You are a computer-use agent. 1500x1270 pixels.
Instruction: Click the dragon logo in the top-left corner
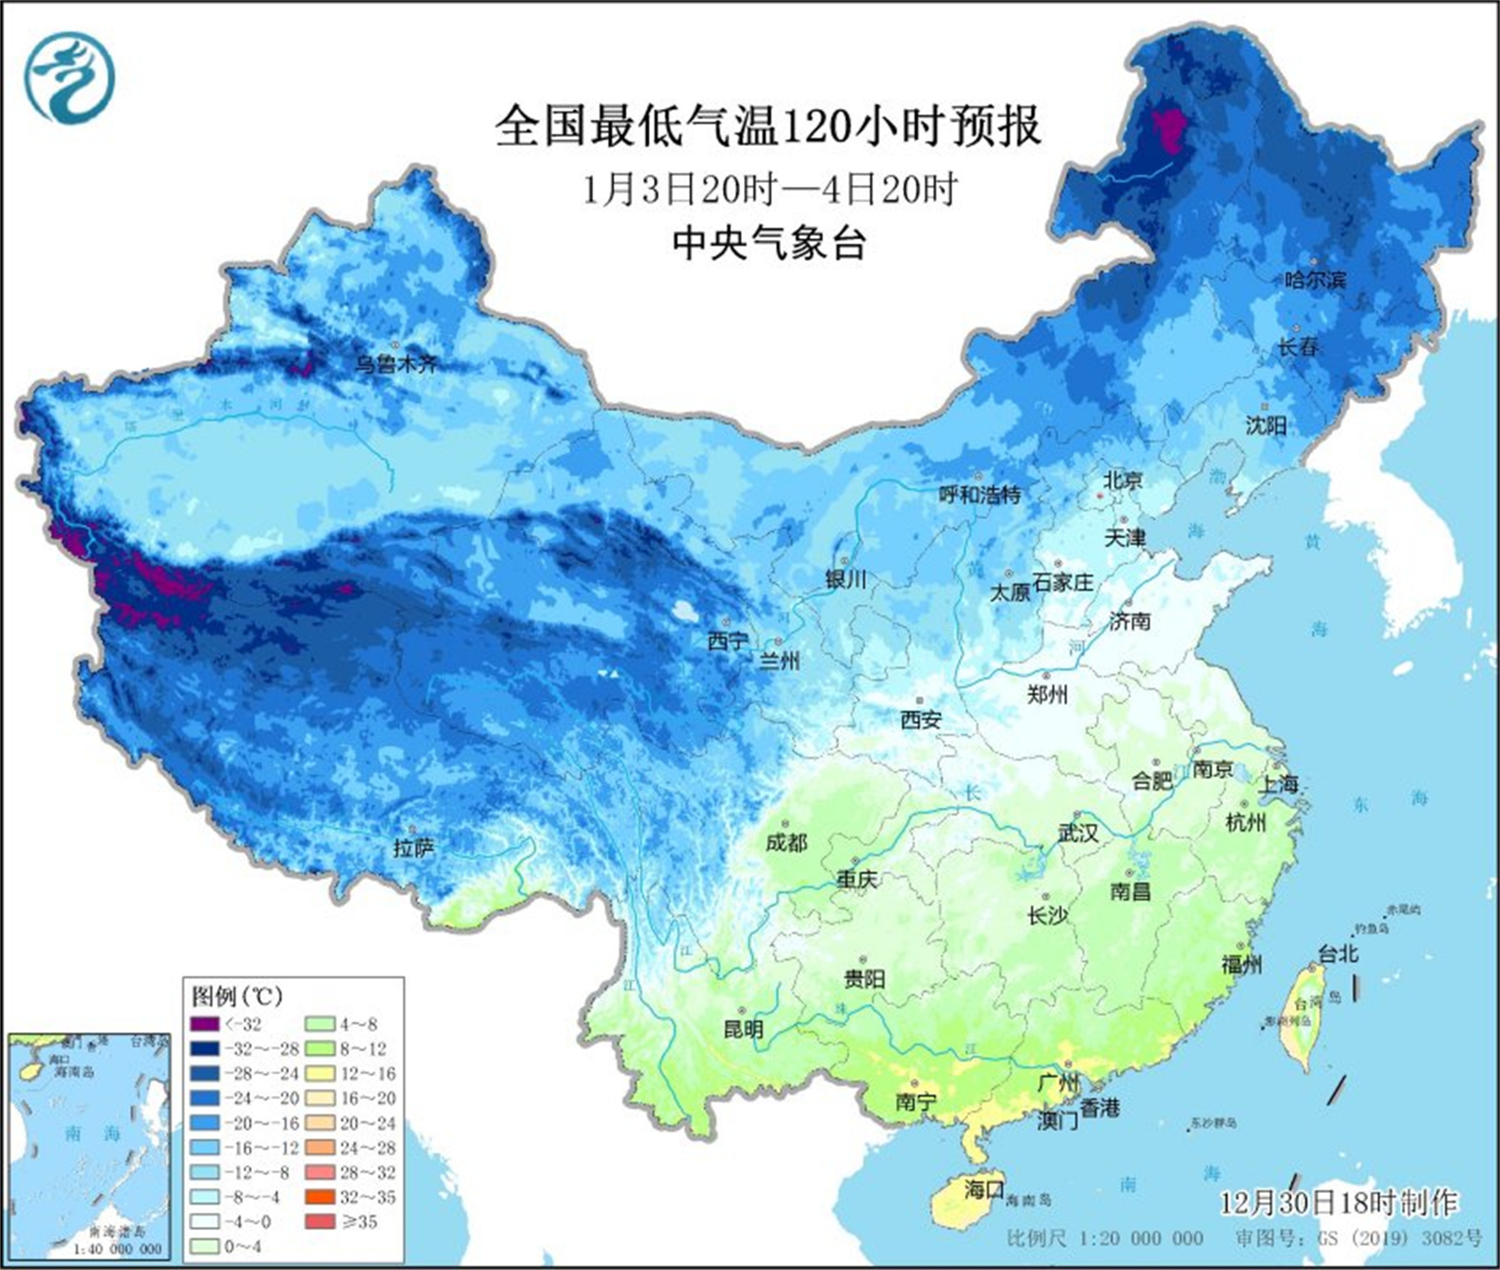coord(70,79)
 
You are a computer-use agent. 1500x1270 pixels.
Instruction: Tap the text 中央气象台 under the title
coord(769,243)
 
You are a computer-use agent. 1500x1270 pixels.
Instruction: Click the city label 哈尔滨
coord(1315,279)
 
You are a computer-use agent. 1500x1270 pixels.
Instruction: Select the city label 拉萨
coord(414,849)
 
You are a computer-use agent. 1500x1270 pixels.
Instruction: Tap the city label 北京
coord(1123,480)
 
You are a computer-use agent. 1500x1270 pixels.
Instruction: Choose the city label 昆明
coord(743,1029)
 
